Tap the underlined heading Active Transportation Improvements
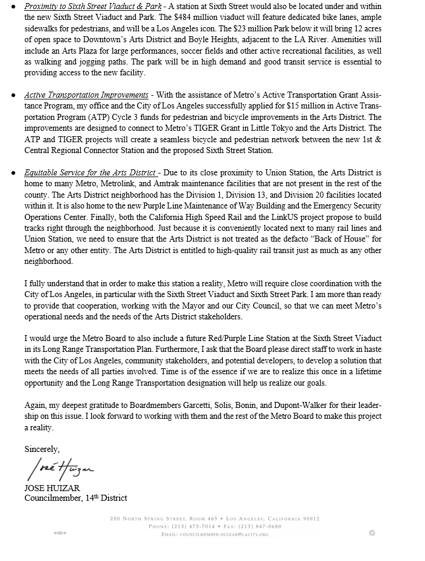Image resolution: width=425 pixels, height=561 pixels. pos(86,95)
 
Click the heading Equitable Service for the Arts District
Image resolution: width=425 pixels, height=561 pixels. pos(90,173)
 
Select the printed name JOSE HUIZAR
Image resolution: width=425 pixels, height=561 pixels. pos(52,488)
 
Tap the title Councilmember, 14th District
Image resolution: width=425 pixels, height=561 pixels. pos(75,498)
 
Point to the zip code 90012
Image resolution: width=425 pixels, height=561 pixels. pos(308,519)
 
